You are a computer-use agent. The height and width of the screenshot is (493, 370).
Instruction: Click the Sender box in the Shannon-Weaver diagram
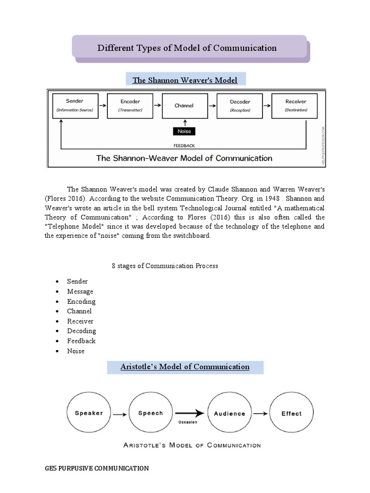coord(75,105)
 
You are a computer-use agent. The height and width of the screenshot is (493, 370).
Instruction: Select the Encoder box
coord(130,105)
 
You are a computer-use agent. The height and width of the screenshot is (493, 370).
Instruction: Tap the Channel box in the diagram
coord(185,105)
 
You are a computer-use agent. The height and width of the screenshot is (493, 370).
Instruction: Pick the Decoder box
coord(239,105)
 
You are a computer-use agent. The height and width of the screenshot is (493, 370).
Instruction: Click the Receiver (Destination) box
coord(295,105)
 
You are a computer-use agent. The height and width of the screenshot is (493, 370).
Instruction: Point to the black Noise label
coord(185,130)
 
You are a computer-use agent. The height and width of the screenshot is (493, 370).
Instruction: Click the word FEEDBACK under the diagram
coord(185,145)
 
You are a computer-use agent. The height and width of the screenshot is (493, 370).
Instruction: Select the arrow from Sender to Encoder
coord(102,104)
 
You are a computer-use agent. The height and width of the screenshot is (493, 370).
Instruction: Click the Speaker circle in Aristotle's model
coord(89,413)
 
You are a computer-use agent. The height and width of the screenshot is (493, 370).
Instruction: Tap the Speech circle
coord(150,413)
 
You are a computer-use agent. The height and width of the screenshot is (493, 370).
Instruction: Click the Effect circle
coord(291,413)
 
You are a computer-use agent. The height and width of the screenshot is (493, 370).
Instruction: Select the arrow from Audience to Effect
coord(261,413)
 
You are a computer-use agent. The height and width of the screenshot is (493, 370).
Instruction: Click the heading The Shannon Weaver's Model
coord(185,80)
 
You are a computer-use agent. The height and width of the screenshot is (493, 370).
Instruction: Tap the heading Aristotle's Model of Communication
coord(185,367)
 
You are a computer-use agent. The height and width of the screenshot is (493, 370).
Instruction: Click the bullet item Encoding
coord(81,301)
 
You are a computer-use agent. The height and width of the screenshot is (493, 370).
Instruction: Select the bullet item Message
coord(80,291)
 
